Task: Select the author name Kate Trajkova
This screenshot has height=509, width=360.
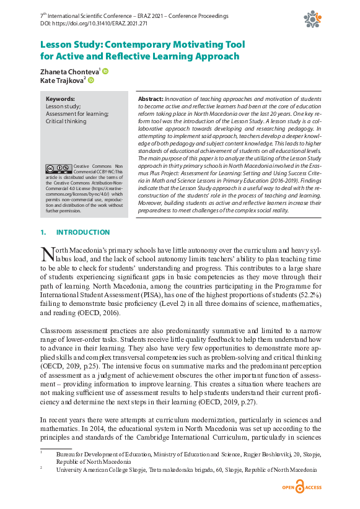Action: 61,80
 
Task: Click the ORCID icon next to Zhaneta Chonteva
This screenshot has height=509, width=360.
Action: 105,71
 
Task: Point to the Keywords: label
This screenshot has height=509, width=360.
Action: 60,98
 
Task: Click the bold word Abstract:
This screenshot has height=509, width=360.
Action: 150,98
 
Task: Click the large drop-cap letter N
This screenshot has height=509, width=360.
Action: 47,254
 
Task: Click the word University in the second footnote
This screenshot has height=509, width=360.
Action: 71,469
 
